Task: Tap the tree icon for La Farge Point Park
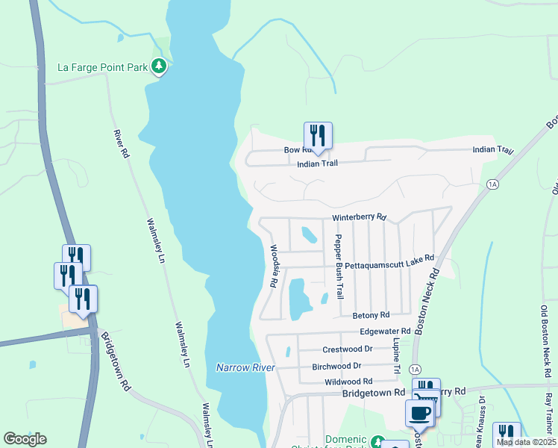click(x=158, y=67)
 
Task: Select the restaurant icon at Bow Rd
click(x=318, y=136)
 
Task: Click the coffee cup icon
click(x=418, y=412)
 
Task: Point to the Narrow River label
click(x=245, y=367)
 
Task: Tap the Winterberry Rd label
click(x=360, y=217)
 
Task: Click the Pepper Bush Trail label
click(x=339, y=267)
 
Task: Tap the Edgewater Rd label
click(x=385, y=331)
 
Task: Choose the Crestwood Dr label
click(x=347, y=349)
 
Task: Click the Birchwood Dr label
click(x=336, y=366)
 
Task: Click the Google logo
click(x=25, y=439)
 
